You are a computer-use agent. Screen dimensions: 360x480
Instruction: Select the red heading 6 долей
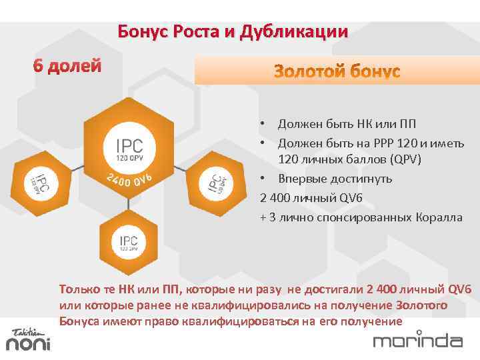pyautogui.click(x=67, y=67)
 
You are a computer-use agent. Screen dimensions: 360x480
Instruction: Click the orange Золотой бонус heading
pyautogui.click(x=337, y=71)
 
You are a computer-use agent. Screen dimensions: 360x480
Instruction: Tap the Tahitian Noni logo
pyautogui.click(x=27, y=339)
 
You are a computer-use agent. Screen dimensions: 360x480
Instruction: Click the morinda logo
pyautogui.click(x=417, y=341)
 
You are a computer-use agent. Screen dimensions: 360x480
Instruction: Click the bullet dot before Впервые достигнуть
pyautogui.click(x=263, y=179)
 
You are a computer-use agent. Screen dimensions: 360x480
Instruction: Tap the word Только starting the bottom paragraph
pyautogui.click(x=79, y=289)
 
